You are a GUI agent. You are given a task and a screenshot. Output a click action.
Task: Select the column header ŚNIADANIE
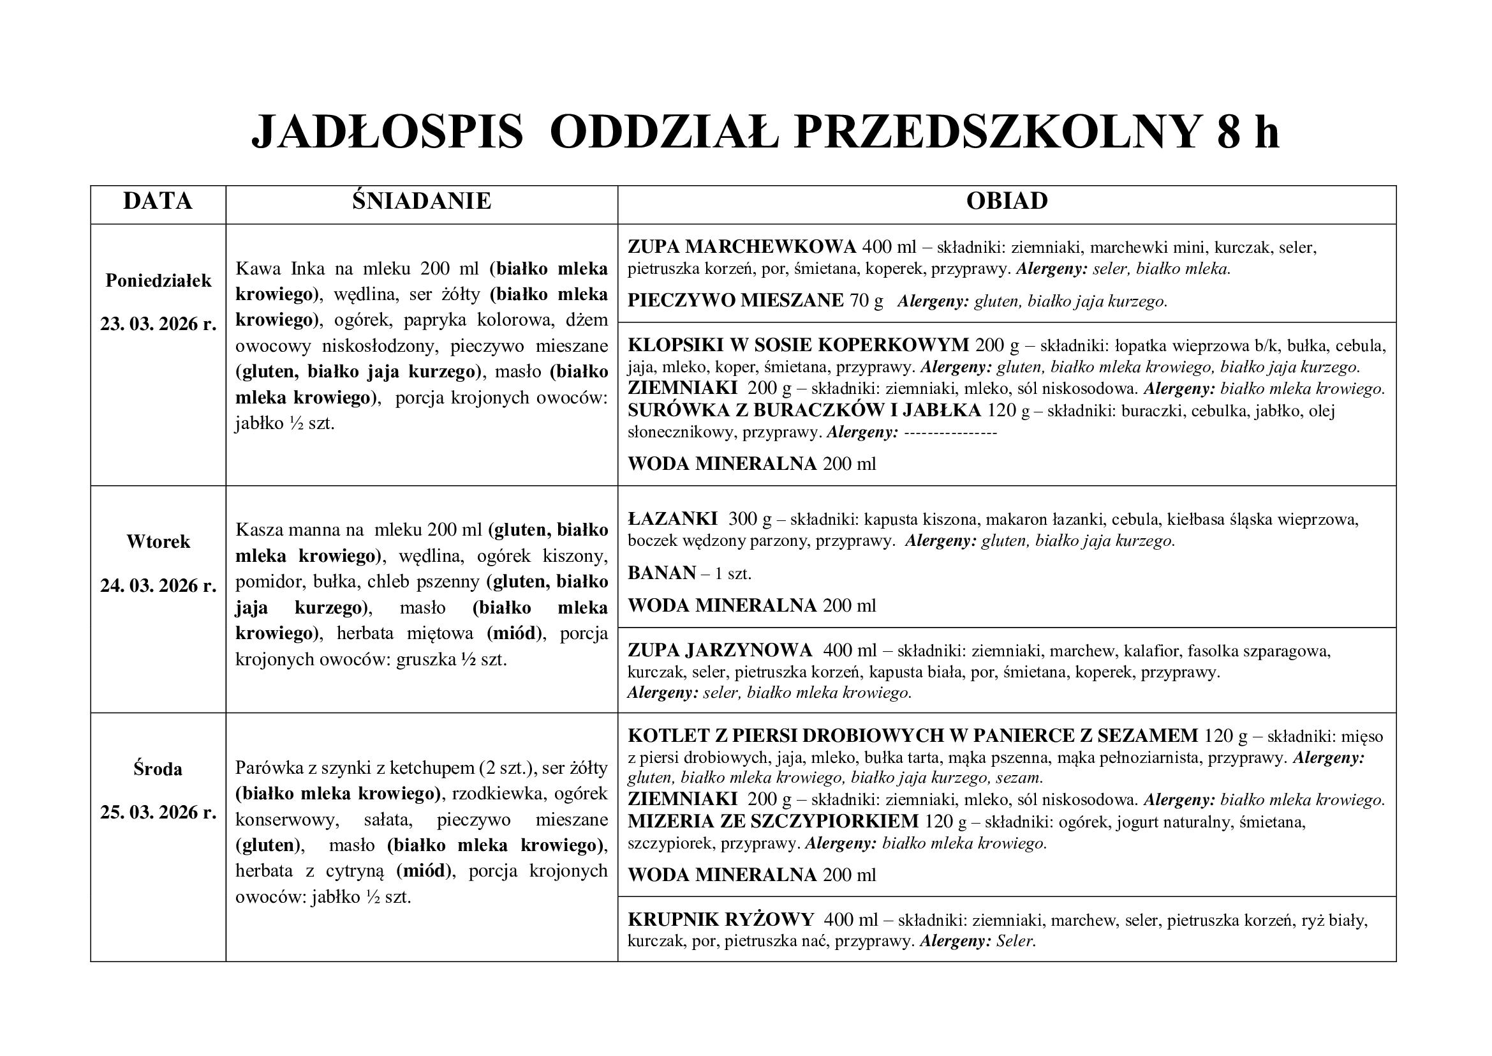[x=422, y=201]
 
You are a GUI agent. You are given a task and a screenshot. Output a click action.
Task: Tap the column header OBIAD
[x=1007, y=201]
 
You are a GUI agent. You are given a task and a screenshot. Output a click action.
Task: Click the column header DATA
[x=158, y=201]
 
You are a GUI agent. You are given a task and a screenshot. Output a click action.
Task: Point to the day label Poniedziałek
[x=159, y=281]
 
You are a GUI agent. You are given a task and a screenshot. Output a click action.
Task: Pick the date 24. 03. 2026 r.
[x=158, y=586]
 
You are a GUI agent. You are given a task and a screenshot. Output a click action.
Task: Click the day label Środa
[x=158, y=769]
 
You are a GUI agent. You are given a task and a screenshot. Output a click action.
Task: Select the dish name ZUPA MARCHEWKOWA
[x=741, y=247]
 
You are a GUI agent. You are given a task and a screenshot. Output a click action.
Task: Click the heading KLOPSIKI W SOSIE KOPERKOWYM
[x=798, y=345]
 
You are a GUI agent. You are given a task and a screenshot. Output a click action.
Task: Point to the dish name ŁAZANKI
[x=672, y=519]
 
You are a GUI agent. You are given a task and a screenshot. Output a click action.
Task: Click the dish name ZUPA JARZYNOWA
[x=720, y=650]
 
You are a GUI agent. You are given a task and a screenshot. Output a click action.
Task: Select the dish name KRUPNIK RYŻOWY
[x=721, y=919]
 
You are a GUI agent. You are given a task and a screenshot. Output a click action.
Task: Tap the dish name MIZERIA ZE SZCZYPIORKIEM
[x=772, y=822]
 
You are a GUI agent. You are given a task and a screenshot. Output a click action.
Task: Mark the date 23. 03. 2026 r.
[x=158, y=324]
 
